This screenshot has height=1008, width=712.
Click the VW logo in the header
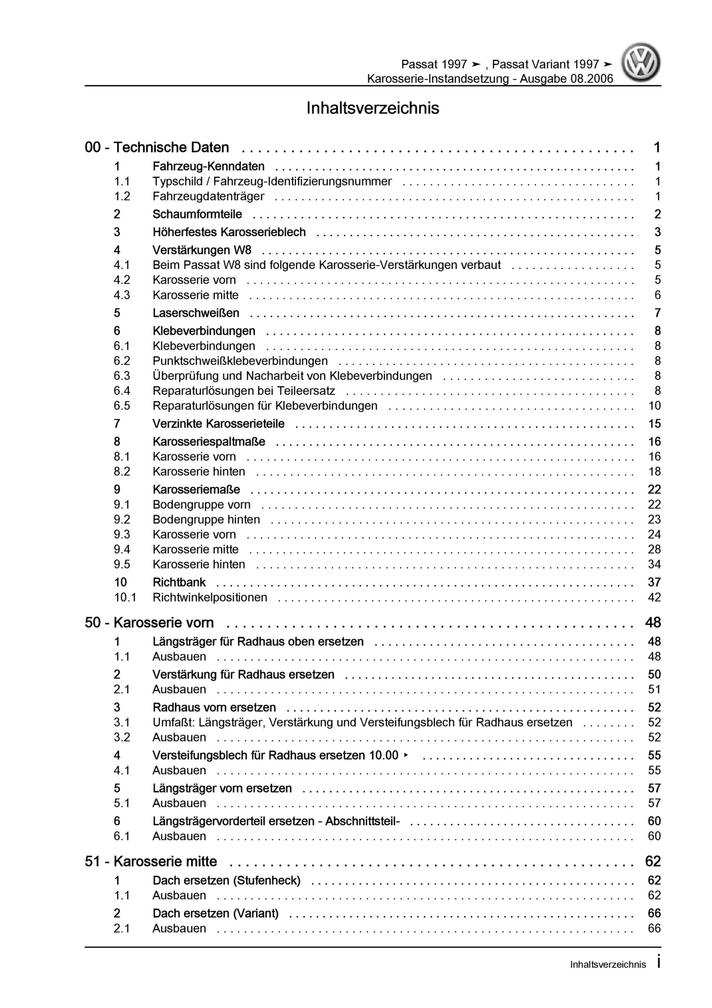coord(640,62)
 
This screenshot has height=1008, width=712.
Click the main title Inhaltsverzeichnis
coord(372,108)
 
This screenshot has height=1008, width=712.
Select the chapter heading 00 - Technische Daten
coord(157,148)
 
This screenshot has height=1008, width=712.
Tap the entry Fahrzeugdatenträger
coord(208,196)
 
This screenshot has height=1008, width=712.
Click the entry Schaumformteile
coord(197,214)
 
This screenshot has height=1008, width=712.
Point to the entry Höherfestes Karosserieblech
coord(229,232)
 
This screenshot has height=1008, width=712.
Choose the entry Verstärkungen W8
coord(202,250)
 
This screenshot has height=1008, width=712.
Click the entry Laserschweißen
coord(196,313)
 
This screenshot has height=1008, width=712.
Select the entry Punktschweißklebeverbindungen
coord(240,361)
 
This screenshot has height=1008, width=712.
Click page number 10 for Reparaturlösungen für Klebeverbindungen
coord(654,406)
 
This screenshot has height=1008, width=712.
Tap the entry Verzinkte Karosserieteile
coord(218,424)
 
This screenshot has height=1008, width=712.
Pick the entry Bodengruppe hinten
coord(206,519)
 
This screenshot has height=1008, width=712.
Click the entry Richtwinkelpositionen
coord(209,597)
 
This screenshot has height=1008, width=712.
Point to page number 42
coord(654,597)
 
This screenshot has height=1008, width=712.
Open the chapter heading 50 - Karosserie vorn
coord(149,623)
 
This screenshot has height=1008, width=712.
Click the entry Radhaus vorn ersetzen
coord(214,707)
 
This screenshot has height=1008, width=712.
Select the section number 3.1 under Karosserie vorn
coord(122,722)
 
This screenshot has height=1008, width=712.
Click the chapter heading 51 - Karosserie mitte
coord(151,862)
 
